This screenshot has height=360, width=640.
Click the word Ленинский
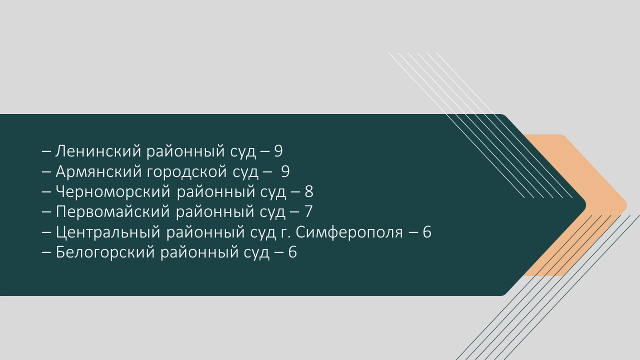click(x=98, y=151)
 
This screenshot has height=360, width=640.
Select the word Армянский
click(x=98, y=171)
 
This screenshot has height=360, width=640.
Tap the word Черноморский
click(x=113, y=191)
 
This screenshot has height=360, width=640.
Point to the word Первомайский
click(x=113, y=212)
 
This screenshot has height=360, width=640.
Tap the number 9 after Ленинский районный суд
click(x=278, y=151)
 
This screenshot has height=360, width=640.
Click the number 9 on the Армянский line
click(x=285, y=171)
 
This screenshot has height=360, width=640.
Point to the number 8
click(x=309, y=191)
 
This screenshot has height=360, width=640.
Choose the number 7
click(x=308, y=212)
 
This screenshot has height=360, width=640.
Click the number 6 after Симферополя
click(x=427, y=232)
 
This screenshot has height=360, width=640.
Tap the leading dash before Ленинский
click(x=46, y=152)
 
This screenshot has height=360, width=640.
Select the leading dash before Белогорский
click(x=46, y=253)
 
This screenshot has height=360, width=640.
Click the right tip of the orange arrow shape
click(x=627, y=205)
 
